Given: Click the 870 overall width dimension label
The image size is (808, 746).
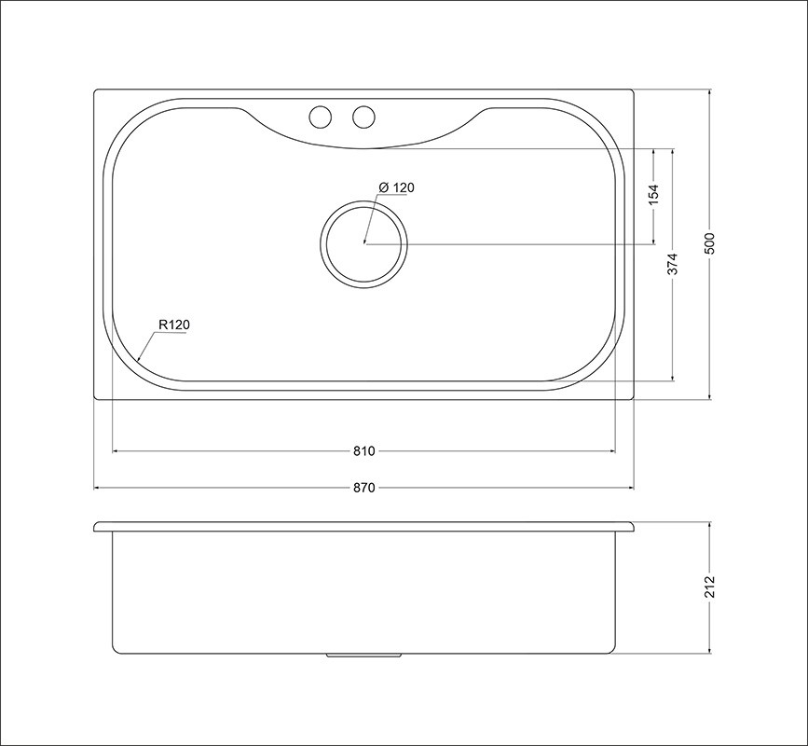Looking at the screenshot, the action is pyautogui.click(x=363, y=487).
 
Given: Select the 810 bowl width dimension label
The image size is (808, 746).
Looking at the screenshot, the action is pyautogui.click(x=363, y=451).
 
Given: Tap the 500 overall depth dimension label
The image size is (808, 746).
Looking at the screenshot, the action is pyautogui.click(x=709, y=244).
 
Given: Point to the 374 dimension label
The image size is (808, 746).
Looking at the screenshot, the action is pyautogui.click(x=673, y=264).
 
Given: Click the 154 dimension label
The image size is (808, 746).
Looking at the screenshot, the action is pyautogui.click(x=653, y=195).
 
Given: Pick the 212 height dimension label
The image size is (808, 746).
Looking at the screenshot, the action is pyautogui.click(x=709, y=587).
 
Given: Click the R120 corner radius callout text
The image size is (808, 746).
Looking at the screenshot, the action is pyautogui.click(x=174, y=325).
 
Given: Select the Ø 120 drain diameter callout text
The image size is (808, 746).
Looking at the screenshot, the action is pyautogui.click(x=396, y=187).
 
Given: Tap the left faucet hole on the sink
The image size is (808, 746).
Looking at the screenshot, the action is pyautogui.click(x=320, y=117).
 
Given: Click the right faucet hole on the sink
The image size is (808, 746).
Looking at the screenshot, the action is pyautogui.click(x=363, y=117).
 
